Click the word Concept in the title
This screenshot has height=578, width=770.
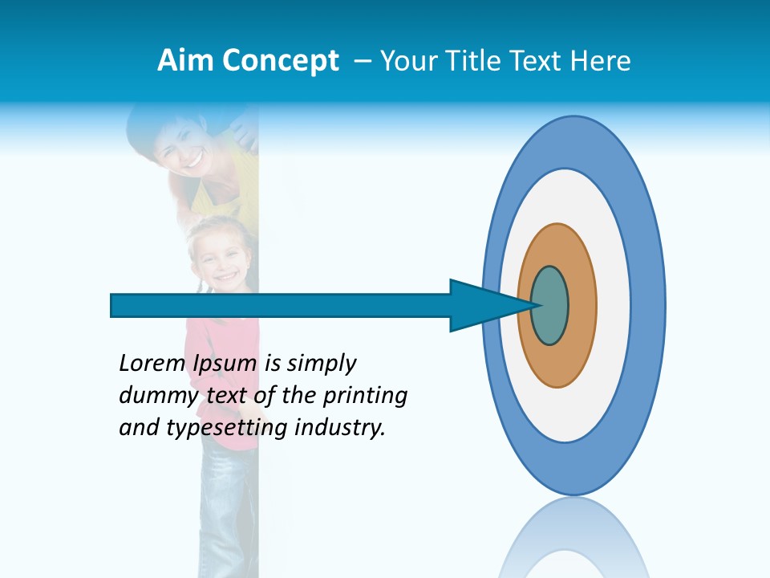click(282, 62)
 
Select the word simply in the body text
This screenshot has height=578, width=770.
click(321, 364)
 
